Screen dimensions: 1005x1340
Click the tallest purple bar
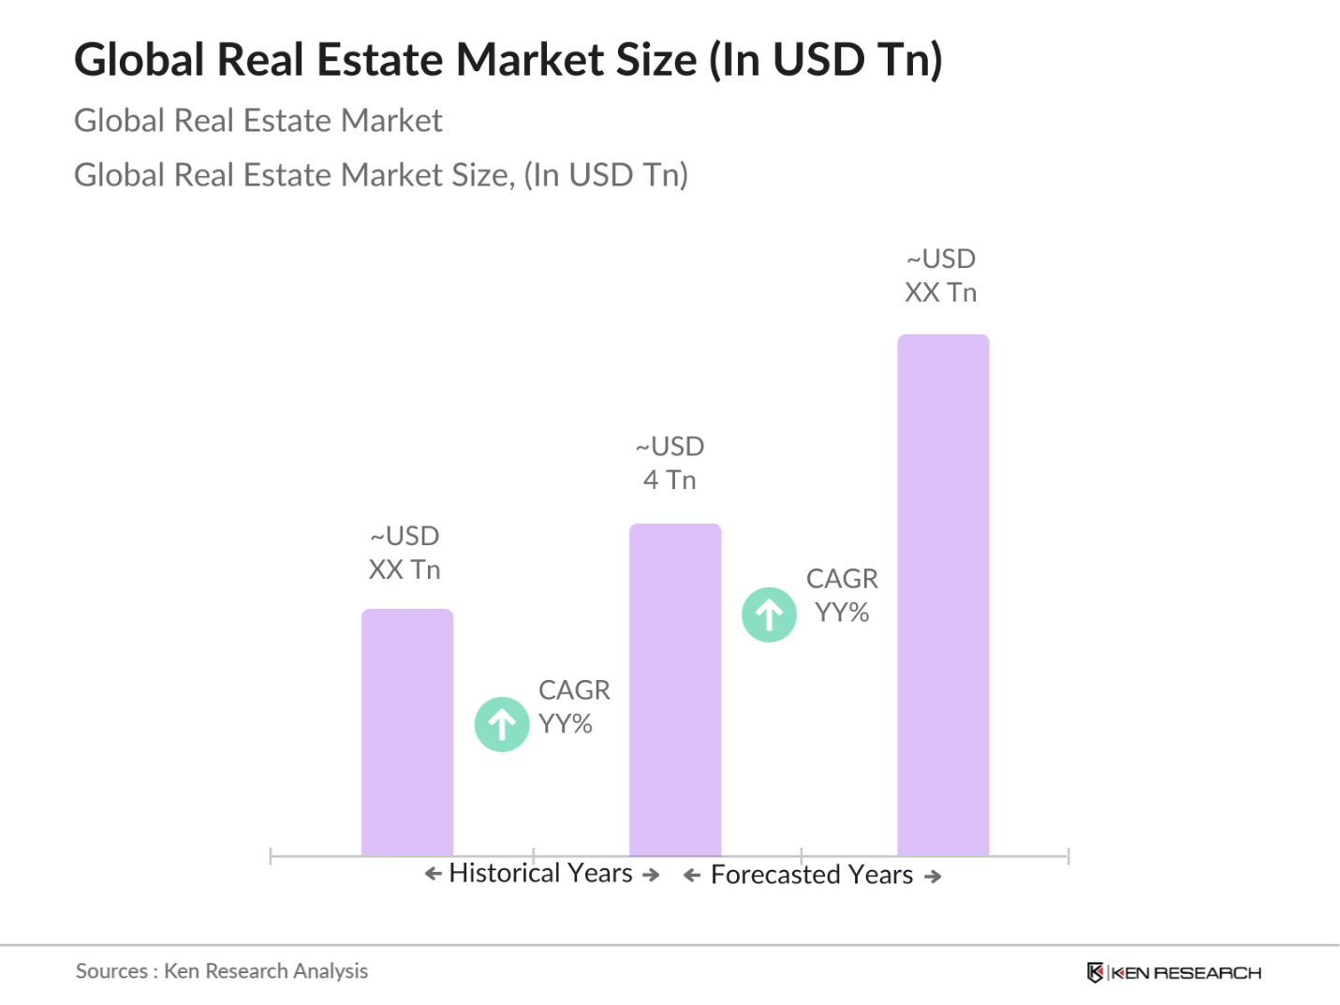(x=943, y=595)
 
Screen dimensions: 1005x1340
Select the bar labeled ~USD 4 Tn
(x=675, y=689)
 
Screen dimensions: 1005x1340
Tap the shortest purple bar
(x=407, y=732)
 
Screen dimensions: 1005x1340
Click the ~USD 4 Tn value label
(x=670, y=463)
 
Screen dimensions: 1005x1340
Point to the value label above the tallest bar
(x=940, y=275)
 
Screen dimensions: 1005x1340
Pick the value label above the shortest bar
(x=405, y=553)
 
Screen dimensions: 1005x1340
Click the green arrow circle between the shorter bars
(x=502, y=724)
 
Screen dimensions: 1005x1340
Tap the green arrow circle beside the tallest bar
(x=769, y=614)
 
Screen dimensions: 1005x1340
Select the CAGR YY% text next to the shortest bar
(x=573, y=707)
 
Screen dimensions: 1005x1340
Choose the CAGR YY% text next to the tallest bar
(x=842, y=596)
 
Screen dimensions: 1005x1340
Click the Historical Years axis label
(x=540, y=873)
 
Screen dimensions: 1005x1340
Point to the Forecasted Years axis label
(x=811, y=875)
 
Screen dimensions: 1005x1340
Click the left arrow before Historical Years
(x=433, y=874)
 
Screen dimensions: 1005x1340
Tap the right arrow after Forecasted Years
(x=933, y=877)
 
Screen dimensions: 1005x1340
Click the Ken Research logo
(x=1174, y=972)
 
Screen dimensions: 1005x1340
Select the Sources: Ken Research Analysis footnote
(x=222, y=971)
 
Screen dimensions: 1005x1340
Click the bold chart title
(x=508, y=60)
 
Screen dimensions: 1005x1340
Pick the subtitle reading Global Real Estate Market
(x=258, y=121)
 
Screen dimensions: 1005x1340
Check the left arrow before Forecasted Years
(x=692, y=876)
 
